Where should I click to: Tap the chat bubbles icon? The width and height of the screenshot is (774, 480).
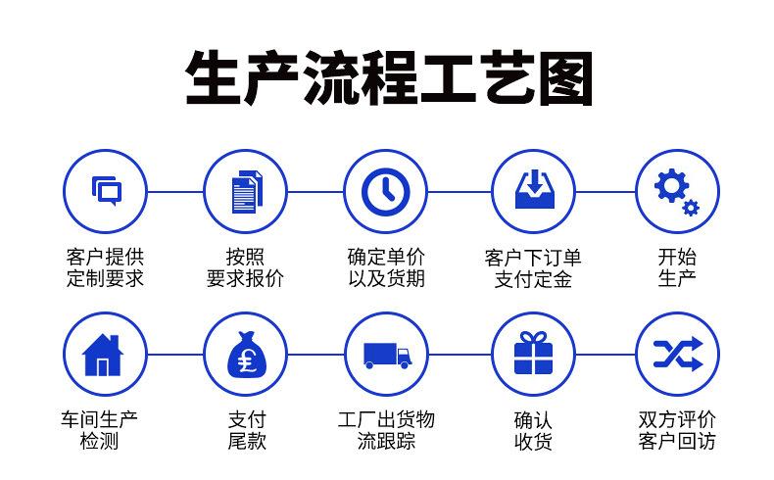[105, 190]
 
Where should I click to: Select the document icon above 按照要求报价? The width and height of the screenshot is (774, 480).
[246, 190]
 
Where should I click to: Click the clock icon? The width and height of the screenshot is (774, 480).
[386, 190]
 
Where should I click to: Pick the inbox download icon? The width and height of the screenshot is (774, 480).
[531, 190]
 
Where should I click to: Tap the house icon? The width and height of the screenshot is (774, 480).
[105, 354]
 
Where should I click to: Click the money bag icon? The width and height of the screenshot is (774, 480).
[246, 354]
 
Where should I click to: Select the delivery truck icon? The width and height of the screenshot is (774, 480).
[386, 354]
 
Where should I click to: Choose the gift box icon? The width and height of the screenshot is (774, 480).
[531, 354]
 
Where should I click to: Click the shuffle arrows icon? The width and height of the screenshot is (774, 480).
[677, 354]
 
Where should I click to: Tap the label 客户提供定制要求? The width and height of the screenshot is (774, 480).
[105, 267]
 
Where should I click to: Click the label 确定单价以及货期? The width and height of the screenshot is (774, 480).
[386, 267]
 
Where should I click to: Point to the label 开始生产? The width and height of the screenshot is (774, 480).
[677, 267]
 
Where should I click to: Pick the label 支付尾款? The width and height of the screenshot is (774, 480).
[246, 430]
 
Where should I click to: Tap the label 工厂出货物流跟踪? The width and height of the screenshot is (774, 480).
[386, 430]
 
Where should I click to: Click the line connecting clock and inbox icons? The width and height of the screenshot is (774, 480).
[459, 191]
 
